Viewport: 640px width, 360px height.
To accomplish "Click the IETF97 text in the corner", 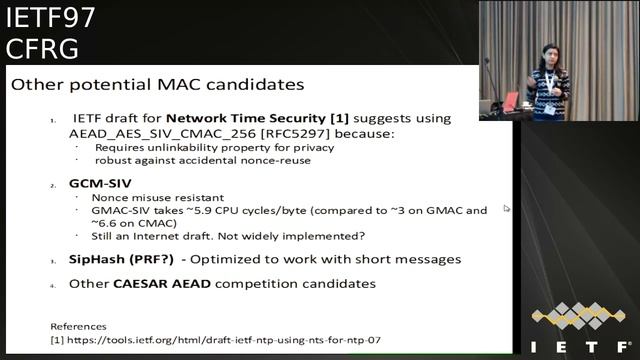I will [x=40, y=18].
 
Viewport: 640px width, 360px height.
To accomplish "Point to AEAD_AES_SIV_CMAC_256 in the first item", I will [x=148, y=133].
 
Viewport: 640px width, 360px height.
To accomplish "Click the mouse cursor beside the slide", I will [x=507, y=208].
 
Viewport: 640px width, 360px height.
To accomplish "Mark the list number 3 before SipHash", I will [x=53, y=261].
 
